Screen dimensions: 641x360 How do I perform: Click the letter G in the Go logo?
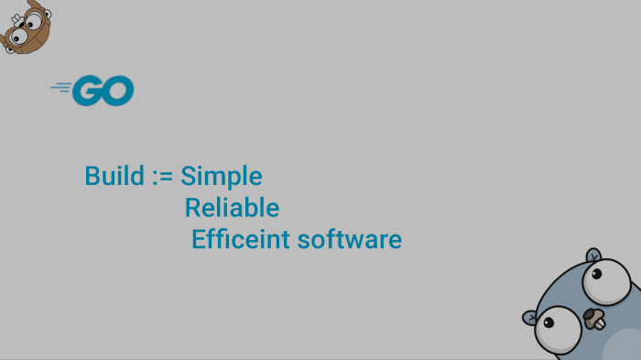(88, 91)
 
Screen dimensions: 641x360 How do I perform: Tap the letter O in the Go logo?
(118, 91)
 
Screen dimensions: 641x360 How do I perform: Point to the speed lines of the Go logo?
(61, 87)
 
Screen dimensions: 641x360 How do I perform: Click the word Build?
(114, 176)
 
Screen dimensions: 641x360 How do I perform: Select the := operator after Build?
(163, 177)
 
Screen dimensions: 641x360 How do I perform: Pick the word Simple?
(222, 177)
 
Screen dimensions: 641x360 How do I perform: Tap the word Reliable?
(232, 207)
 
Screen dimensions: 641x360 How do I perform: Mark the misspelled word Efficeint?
(241, 239)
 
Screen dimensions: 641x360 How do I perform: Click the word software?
(350, 240)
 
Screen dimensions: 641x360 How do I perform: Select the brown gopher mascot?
(26, 27)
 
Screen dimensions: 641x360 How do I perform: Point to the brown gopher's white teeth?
(16, 19)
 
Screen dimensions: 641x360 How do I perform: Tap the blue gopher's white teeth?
(600, 324)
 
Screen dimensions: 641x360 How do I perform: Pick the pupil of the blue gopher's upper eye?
(596, 274)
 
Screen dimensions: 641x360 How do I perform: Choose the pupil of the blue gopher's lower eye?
(549, 322)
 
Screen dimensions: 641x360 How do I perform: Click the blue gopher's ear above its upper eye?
(593, 256)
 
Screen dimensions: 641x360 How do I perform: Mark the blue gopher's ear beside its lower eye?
(529, 318)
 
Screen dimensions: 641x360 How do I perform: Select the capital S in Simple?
(187, 176)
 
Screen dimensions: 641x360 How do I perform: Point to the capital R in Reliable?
(193, 207)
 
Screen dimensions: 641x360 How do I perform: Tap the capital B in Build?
(92, 176)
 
